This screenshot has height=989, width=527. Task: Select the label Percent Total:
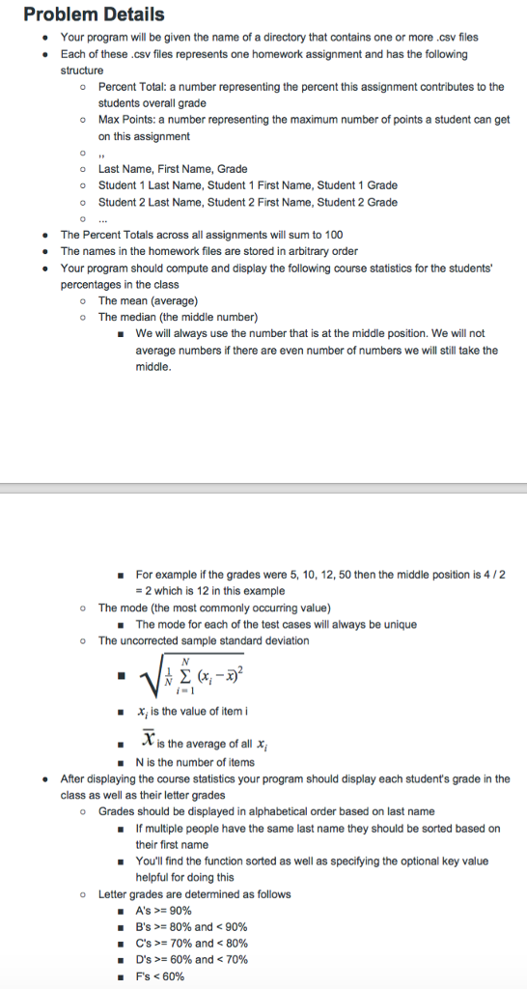pyautogui.click(x=133, y=87)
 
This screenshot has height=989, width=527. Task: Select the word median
pyautogui.click(x=142, y=317)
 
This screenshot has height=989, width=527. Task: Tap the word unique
pyautogui.click(x=398, y=624)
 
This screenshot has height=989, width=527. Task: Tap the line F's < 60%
pyautogui.click(x=160, y=975)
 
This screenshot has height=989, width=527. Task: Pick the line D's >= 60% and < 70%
pyautogui.click(x=192, y=959)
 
